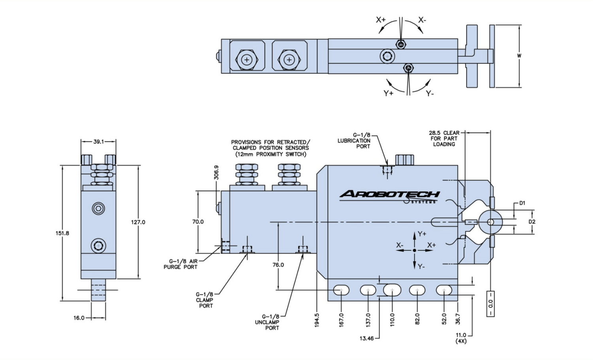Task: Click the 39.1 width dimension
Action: click(x=98, y=142)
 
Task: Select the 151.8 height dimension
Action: click(x=62, y=233)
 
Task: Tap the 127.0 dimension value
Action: click(x=138, y=222)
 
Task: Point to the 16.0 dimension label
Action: click(x=79, y=318)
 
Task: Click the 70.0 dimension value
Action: click(x=198, y=222)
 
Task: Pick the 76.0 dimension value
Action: click(x=278, y=265)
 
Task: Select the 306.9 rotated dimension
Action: click(x=216, y=172)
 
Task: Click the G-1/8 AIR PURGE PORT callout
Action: click(x=181, y=264)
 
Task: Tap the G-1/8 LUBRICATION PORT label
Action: click(x=354, y=140)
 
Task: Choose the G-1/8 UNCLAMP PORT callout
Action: click(x=267, y=322)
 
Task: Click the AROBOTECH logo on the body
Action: click(x=389, y=195)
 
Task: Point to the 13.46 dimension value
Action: click(x=366, y=339)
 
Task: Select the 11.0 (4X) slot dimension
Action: click(x=461, y=338)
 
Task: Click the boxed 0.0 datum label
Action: click(x=491, y=304)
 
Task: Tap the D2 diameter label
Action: click(x=532, y=222)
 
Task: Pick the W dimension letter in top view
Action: click(x=519, y=56)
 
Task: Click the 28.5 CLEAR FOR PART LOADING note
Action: click(x=444, y=138)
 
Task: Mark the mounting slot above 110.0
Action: click(x=392, y=290)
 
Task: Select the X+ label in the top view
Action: click(x=381, y=19)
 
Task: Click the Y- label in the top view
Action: click(x=430, y=93)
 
